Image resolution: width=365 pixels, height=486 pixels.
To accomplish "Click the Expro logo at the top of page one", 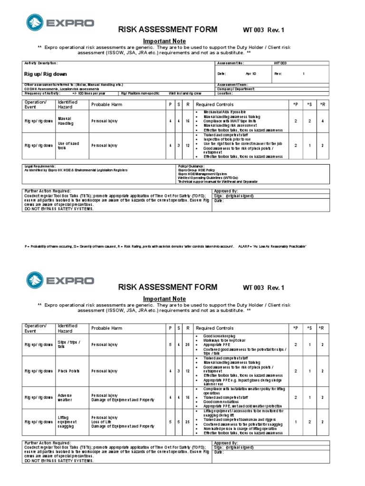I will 60,22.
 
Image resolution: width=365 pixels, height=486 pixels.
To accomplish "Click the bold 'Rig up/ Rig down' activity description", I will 46,74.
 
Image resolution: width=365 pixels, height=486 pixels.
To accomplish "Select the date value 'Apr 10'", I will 250,74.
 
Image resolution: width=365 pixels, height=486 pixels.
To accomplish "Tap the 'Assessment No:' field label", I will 230,63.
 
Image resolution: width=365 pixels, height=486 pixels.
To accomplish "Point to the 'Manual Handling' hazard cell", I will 66,121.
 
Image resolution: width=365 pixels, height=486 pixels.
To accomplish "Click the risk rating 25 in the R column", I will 187,421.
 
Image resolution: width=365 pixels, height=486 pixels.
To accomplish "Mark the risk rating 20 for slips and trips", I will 187,344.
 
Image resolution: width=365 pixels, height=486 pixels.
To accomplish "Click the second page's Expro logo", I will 60,279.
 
